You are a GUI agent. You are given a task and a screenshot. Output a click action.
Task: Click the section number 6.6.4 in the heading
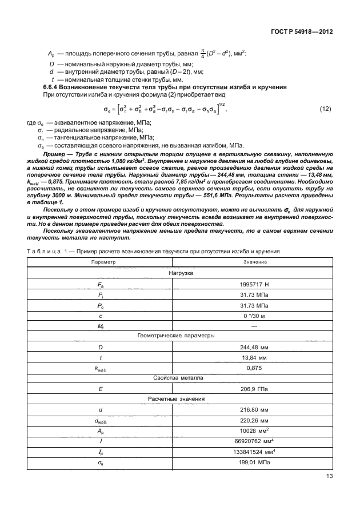click(53, 86)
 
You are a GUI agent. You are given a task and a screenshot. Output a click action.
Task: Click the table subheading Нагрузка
click(179, 273)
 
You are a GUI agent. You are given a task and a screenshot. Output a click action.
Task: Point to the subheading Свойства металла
click(179, 379)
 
